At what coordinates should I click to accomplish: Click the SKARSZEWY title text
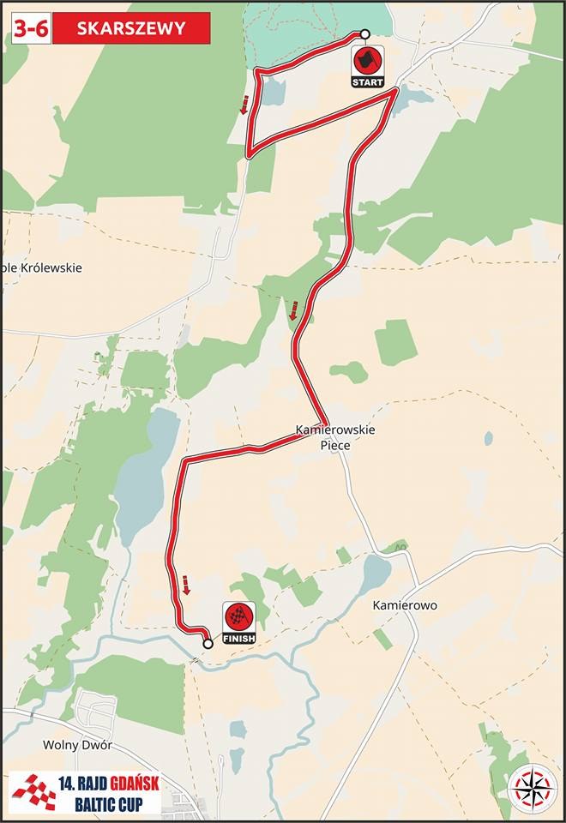pyautogui.click(x=130, y=28)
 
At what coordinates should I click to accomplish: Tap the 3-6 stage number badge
pyautogui.click(x=30, y=28)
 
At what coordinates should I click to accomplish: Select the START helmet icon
pyautogui.click(x=368, y=61)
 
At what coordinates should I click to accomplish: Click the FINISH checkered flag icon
pyautogui.click(x=238, y=618)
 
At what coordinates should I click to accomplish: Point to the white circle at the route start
pyautogui.click(x=364, y=34)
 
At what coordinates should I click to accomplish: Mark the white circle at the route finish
pyautogui.click(x=207, y=643)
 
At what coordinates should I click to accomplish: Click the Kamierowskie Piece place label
pyautogui.click(x=335, y=437)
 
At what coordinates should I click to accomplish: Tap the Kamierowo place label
pyautogui.click(x=405, y=605)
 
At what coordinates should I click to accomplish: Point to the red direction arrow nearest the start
pyautogui.click(x=244, y=105)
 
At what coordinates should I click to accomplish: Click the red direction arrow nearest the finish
pyautogui.click(x=185, y=586)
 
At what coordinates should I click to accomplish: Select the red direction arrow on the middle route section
pyautogui.click(x=293, y=310)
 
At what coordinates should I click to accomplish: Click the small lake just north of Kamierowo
pyautogui.click(x=375, y=573)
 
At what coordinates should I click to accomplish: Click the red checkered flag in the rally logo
pyautogui.click(x=33, y=791)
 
